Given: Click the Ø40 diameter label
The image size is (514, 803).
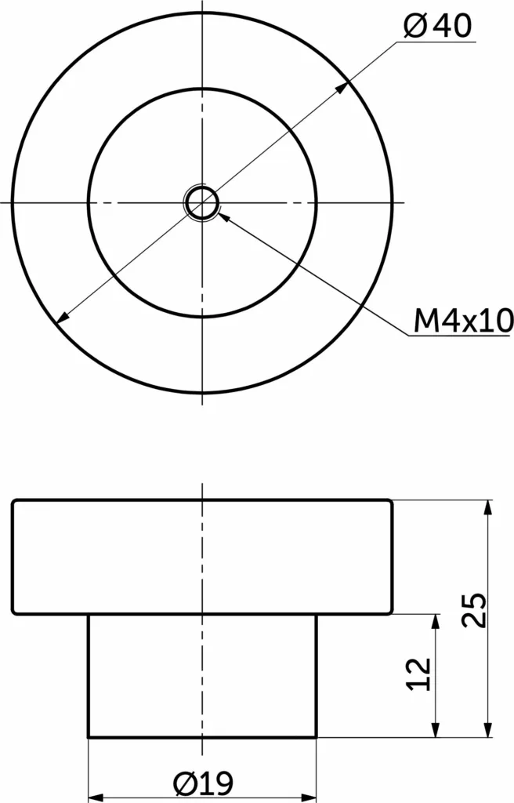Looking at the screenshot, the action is [437, 26].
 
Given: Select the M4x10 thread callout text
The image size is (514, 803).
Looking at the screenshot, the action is [463, 321].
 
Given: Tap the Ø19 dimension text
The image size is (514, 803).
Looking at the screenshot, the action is [203, 783].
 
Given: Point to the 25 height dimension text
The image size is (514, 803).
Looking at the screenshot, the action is [474, 610].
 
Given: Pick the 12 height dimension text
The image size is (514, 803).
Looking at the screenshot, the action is [419, 674].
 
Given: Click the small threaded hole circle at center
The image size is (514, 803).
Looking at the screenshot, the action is [203, 203].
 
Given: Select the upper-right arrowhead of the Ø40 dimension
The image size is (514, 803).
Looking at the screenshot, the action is [342, 87].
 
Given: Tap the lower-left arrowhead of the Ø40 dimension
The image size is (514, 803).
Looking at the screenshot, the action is [63, 318].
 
